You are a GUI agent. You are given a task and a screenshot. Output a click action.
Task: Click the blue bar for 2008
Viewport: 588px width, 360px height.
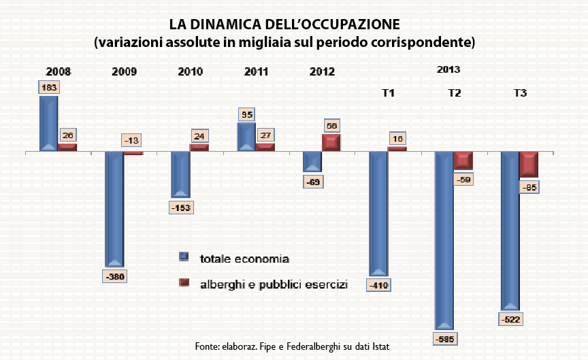(48, 123)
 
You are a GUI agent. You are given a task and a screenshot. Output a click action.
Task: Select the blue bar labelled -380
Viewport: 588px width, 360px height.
(114, 208)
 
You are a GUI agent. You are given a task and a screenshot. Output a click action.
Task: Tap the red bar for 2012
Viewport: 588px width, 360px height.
(331, 142)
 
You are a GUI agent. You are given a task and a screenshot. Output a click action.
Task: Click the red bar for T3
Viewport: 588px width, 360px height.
(529, 164)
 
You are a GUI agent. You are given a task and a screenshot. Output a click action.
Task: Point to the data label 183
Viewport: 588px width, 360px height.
(49, 88)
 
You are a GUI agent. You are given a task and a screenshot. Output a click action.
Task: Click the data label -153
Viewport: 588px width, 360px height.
(180, 207)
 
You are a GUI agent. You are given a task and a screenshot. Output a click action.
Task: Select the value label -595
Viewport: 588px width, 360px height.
(444, 338)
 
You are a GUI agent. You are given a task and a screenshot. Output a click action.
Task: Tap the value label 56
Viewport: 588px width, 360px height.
(331, 126)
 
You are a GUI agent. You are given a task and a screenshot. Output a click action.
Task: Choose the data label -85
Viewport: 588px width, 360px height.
(529, 186)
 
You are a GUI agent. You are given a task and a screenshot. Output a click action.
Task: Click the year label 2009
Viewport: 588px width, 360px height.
(124, 71)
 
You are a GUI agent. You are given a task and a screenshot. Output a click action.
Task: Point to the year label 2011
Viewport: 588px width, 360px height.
(256, 71)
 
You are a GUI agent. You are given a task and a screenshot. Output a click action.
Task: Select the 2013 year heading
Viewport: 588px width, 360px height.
(448, 69)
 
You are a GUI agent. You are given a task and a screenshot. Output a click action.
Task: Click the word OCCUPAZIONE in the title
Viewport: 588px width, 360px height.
(355, 24)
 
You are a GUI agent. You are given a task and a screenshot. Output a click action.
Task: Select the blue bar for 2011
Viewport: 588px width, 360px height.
(246, 137)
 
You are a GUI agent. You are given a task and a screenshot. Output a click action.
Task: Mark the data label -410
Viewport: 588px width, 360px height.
(378, 285)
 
